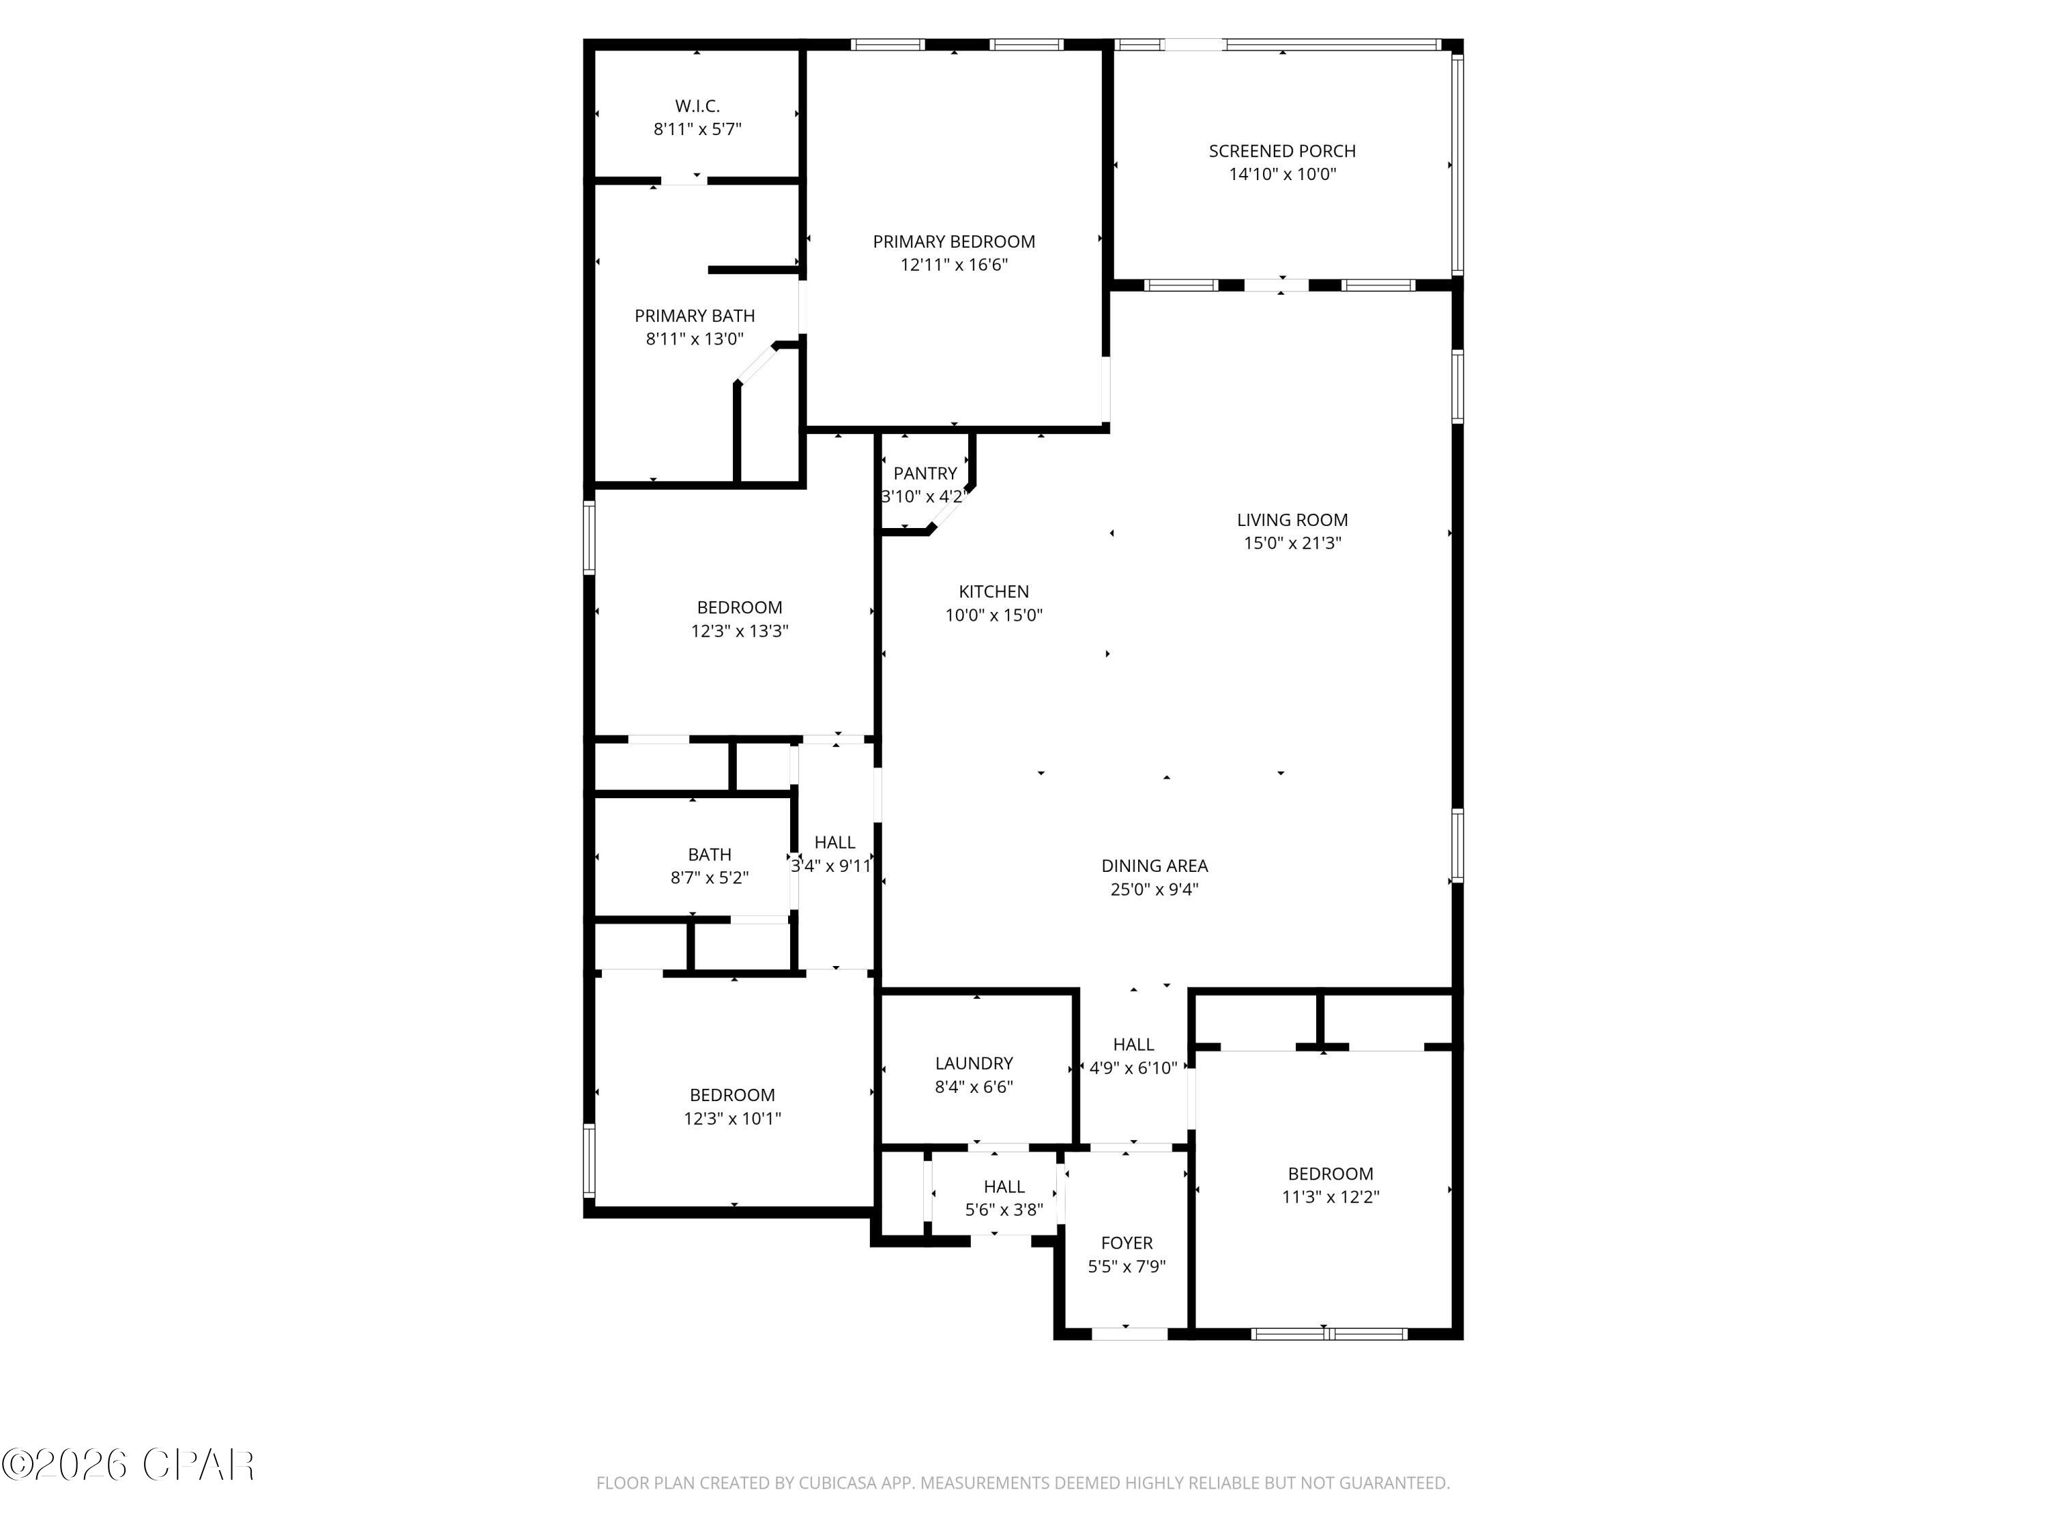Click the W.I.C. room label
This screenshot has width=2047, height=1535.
[697, 106]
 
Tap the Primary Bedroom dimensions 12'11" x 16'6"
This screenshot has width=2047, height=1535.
[953, 265]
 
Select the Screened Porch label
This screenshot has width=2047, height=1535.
[1281, 151]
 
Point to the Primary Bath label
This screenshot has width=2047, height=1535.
[694, 315]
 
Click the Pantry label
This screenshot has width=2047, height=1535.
[925, 473]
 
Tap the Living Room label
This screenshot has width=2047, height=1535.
[1292, 520]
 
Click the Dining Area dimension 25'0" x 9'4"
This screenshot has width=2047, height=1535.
[1154, 889]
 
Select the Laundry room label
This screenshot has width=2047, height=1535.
[974, 1063]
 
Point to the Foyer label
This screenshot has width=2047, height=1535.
[1127, 1242]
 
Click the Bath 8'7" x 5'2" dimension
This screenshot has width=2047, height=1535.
[709, 877]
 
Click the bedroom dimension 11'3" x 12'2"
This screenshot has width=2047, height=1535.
[1330, 1197]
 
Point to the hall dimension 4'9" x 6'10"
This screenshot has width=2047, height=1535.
[1133, 1068]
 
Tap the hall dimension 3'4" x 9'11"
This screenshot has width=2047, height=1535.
[831, 866]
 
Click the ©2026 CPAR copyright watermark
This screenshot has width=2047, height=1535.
[128, 1465]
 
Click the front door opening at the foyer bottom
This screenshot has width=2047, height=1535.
[1129, 1333]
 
